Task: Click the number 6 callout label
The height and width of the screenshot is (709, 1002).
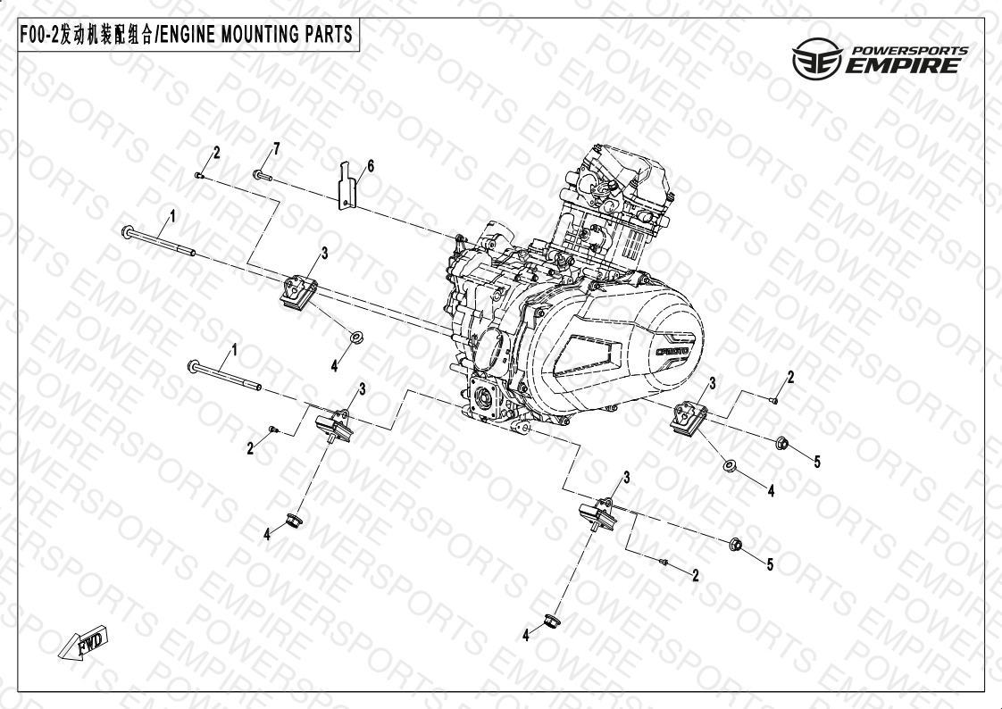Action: (370, 167)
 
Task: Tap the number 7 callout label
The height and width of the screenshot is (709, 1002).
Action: (276, 149)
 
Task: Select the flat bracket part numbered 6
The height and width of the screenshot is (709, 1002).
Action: (347, 185)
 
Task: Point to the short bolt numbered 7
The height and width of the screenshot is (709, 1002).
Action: (263, 175)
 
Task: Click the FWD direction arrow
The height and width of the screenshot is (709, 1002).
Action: (83, 643)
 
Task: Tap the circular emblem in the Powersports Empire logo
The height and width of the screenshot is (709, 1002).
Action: (817, 58)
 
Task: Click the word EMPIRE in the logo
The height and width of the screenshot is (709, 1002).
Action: (903, 65)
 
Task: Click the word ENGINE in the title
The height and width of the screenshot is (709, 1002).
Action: (187, 35)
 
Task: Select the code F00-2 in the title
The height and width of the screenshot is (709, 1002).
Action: (39, 35)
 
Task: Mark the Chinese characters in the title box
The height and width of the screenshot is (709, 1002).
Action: (106, 35)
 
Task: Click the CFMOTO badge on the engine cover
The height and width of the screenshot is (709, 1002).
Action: (672, 352)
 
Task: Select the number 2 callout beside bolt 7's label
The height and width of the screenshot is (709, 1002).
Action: (217, 153)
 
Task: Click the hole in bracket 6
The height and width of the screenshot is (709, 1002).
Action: (346, 203)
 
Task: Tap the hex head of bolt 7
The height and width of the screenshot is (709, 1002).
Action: (257, 174)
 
